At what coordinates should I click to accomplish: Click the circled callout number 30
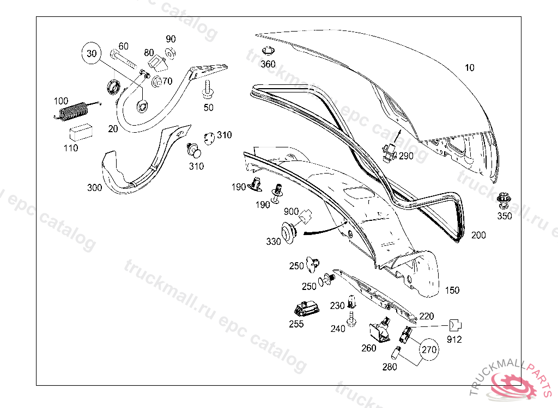tap(92, 53)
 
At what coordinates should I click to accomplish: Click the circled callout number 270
tap(429, 349)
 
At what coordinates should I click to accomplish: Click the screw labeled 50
tap(208, 88)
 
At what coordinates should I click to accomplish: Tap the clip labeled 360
tap(268, 53)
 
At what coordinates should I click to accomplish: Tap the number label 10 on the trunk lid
tap(470, 68)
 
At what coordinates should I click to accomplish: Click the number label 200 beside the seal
tap(478, 236)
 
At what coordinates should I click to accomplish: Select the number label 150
tap(452, 290)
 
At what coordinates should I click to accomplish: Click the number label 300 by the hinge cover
tap(94, 188)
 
